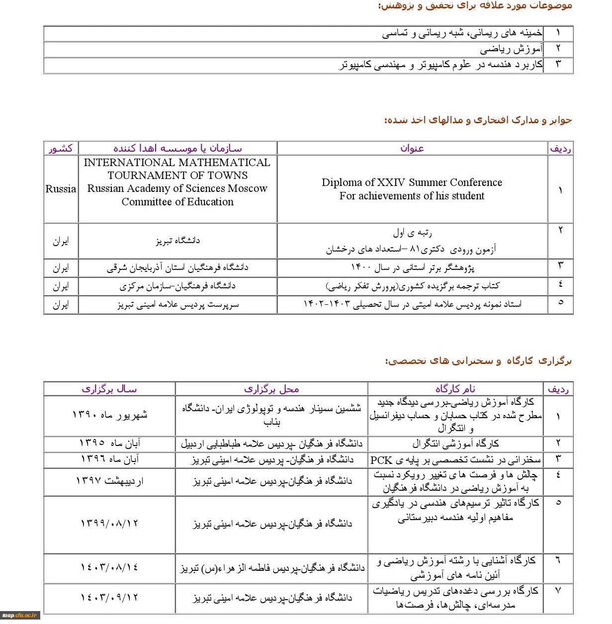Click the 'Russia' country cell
[x=61, y=189]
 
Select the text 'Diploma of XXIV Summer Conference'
[x=412, y=182]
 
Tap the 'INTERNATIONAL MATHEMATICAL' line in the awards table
[x=177, y=163]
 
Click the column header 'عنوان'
[x=412, y=148]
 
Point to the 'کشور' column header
[x=61, y=148]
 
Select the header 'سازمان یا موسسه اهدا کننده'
[x=177, y=148]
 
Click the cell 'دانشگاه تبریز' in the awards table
[x=177, y=241]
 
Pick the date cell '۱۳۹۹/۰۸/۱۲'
[x=109, y=524]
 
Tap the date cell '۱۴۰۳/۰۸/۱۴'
[x=109, y=567]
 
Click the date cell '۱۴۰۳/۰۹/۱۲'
[x=109, y=597]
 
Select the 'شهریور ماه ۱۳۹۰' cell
[x=109, y=415]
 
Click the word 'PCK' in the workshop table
[x=381, y=460]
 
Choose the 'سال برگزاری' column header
[x=109, y=389]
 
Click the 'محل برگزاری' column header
[x=271, y=389]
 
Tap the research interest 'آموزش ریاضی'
[x=511, y=49]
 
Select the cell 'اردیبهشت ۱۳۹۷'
[x=109, y=481]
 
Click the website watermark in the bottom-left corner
[x=20, y=616]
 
